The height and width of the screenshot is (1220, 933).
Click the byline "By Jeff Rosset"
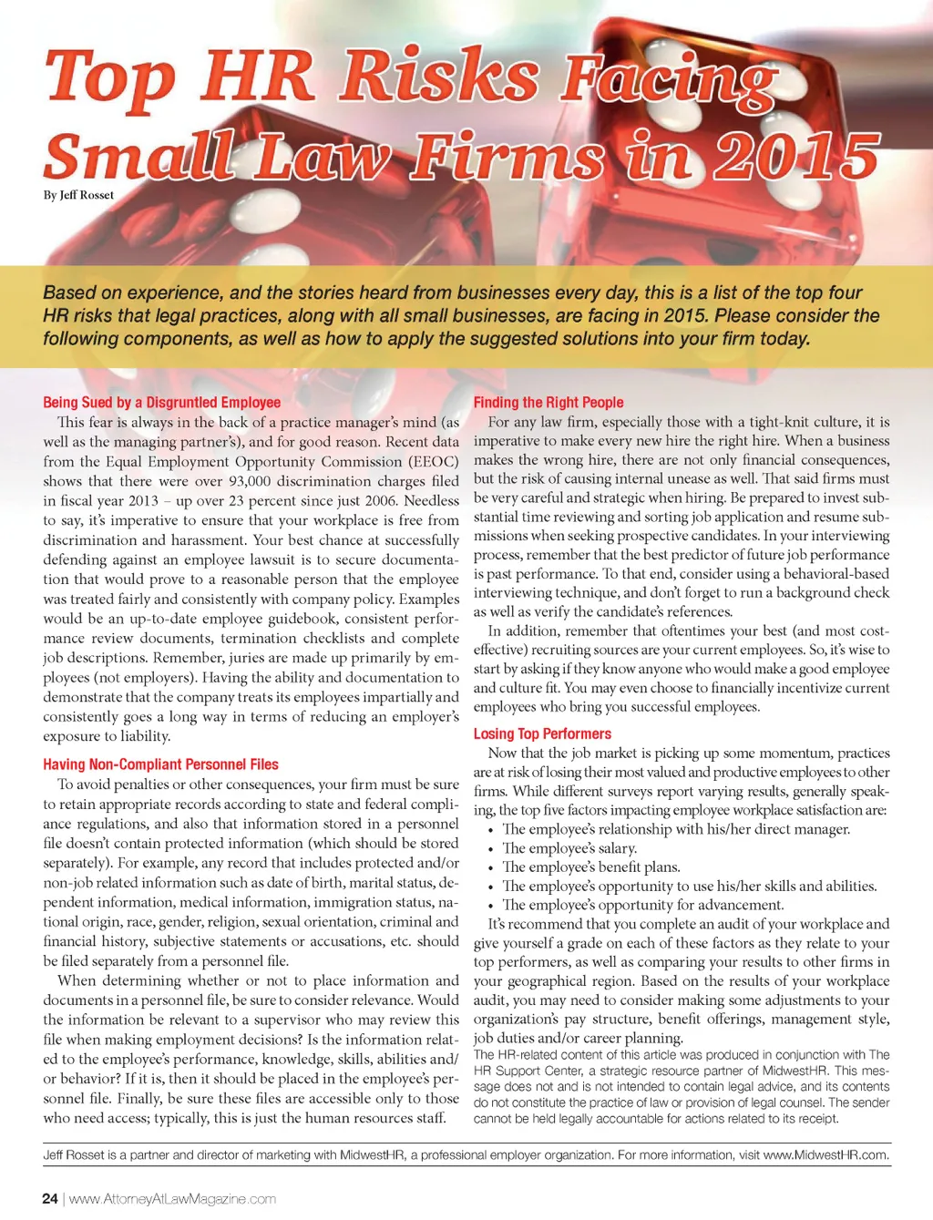point(78,195)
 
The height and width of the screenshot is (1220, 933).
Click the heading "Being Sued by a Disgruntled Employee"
point(161,402)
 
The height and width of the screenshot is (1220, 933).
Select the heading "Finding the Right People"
point(549,402)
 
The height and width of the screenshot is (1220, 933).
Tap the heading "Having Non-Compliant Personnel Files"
point(160,764)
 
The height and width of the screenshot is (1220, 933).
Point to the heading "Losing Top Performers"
point(542,733)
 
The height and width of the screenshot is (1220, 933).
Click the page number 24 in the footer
point(50,1198)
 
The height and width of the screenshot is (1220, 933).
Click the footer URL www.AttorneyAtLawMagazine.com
point(172,1198)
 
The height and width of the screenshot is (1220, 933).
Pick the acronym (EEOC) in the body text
point(433,461)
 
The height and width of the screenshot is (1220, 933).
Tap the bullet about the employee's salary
point(569,848)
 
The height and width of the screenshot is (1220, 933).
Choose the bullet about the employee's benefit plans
point(591,867)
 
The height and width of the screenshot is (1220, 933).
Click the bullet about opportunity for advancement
point(642,905)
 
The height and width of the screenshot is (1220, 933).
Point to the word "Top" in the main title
point(109,77)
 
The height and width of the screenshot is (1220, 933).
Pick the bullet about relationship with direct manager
point(676,829)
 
